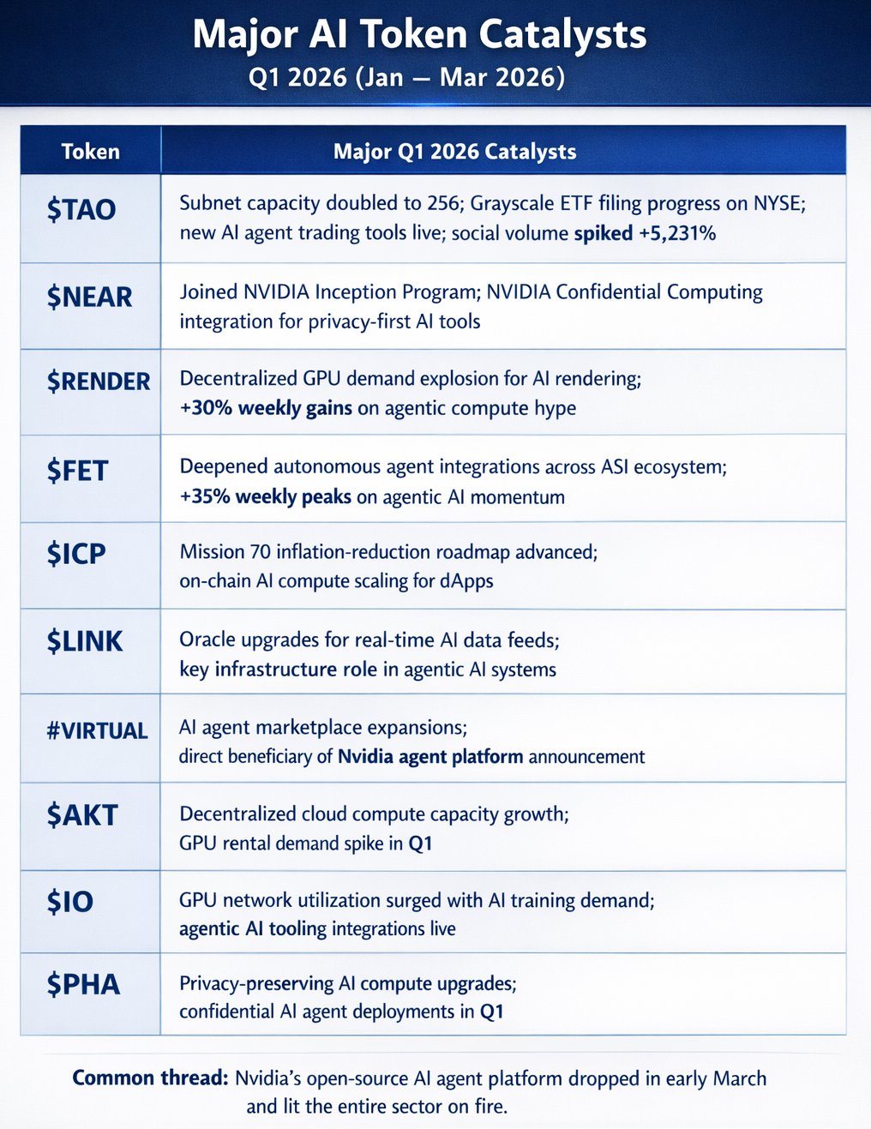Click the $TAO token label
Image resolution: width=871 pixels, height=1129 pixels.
point(81,209)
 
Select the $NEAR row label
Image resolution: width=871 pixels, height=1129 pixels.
point(89,297)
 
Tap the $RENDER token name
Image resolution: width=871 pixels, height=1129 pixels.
point(99,381)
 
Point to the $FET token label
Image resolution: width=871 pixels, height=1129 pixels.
point(77,471)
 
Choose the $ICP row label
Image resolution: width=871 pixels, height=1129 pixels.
point(76,554)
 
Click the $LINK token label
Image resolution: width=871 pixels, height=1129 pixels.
point(85,640)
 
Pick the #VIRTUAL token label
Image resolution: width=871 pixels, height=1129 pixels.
point(97,730)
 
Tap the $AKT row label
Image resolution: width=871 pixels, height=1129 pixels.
point(81,814)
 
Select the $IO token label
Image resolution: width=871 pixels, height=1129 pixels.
point(70,901)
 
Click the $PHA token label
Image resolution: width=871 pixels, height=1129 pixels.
point(83,984)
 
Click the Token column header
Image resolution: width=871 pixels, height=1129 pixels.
point(90,152)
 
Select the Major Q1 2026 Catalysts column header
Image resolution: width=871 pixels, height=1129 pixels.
point(454,152)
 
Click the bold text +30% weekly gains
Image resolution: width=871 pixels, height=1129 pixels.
point(266,408)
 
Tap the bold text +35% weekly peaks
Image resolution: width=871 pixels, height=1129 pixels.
point(266,496)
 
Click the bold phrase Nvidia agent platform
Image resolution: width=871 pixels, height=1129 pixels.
point(430,756)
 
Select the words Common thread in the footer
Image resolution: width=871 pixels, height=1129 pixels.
point(150,1078)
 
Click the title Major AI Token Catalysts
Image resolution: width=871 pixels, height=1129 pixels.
point(419,34)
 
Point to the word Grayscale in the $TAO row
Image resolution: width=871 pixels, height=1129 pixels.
point(514,203)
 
